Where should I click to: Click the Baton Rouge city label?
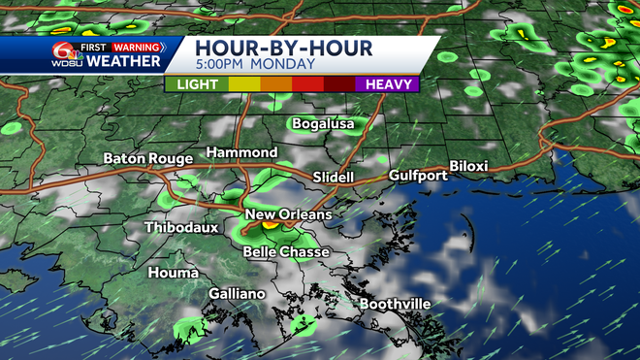(146, 158)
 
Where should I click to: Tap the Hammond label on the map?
(241, 153)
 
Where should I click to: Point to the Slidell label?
(336, 178)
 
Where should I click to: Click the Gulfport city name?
(417, 176)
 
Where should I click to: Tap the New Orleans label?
(288, 214)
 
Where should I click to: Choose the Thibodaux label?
(181, 228)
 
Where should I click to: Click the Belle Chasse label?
(286, 252)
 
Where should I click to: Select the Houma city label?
(173, 273)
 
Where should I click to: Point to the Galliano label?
(237, 293)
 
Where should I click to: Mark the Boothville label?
(396, 304)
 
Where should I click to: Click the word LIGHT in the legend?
(197, 84)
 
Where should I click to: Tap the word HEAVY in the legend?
(386, 84)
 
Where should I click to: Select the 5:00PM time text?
(223, 65)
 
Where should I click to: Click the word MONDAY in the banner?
(284, 65)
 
